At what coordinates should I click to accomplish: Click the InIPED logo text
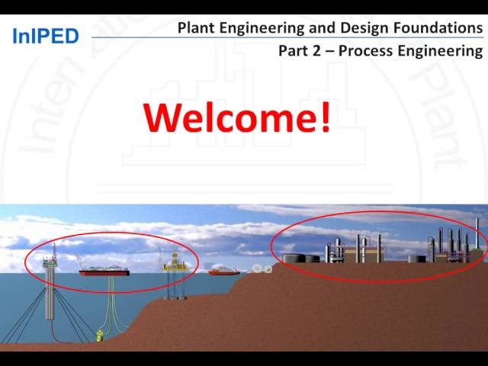pyautogui.click(x=46, y=36)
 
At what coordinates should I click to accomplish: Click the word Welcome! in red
pyautogui.click(x=237, y=117)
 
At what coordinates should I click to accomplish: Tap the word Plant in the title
pyautogui.click(x=196, y=28)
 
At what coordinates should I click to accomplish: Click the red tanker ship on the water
pyautogui.click(x=224, y=270)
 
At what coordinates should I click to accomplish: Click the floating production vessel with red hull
pyautogui.click(x=104, y=270)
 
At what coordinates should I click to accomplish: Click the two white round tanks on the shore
pyautogui.click(x=262, y=268)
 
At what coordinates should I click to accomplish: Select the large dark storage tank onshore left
pyautogui.click(x=293, y=258)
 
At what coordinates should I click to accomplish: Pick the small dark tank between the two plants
pyautogui.click(x=413, y=258)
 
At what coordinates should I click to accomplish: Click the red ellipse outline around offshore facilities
pyautogui.click(x=111, y=233)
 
